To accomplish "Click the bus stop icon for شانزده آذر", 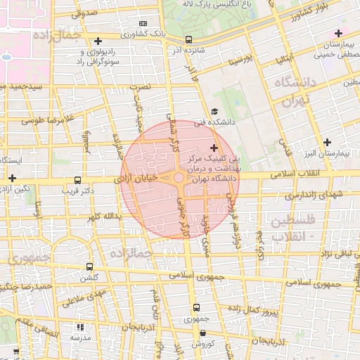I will (x=188, y=40).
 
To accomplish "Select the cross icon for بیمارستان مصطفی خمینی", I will (x=338, y=33).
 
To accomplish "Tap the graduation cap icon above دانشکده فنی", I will (x=214, y=111).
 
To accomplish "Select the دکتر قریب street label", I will (x=78, y=191).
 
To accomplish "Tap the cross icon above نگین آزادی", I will (x=11, y=179).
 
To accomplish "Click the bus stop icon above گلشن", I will (x=89, y=266).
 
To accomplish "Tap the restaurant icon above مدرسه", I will (x=79, y=328).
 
